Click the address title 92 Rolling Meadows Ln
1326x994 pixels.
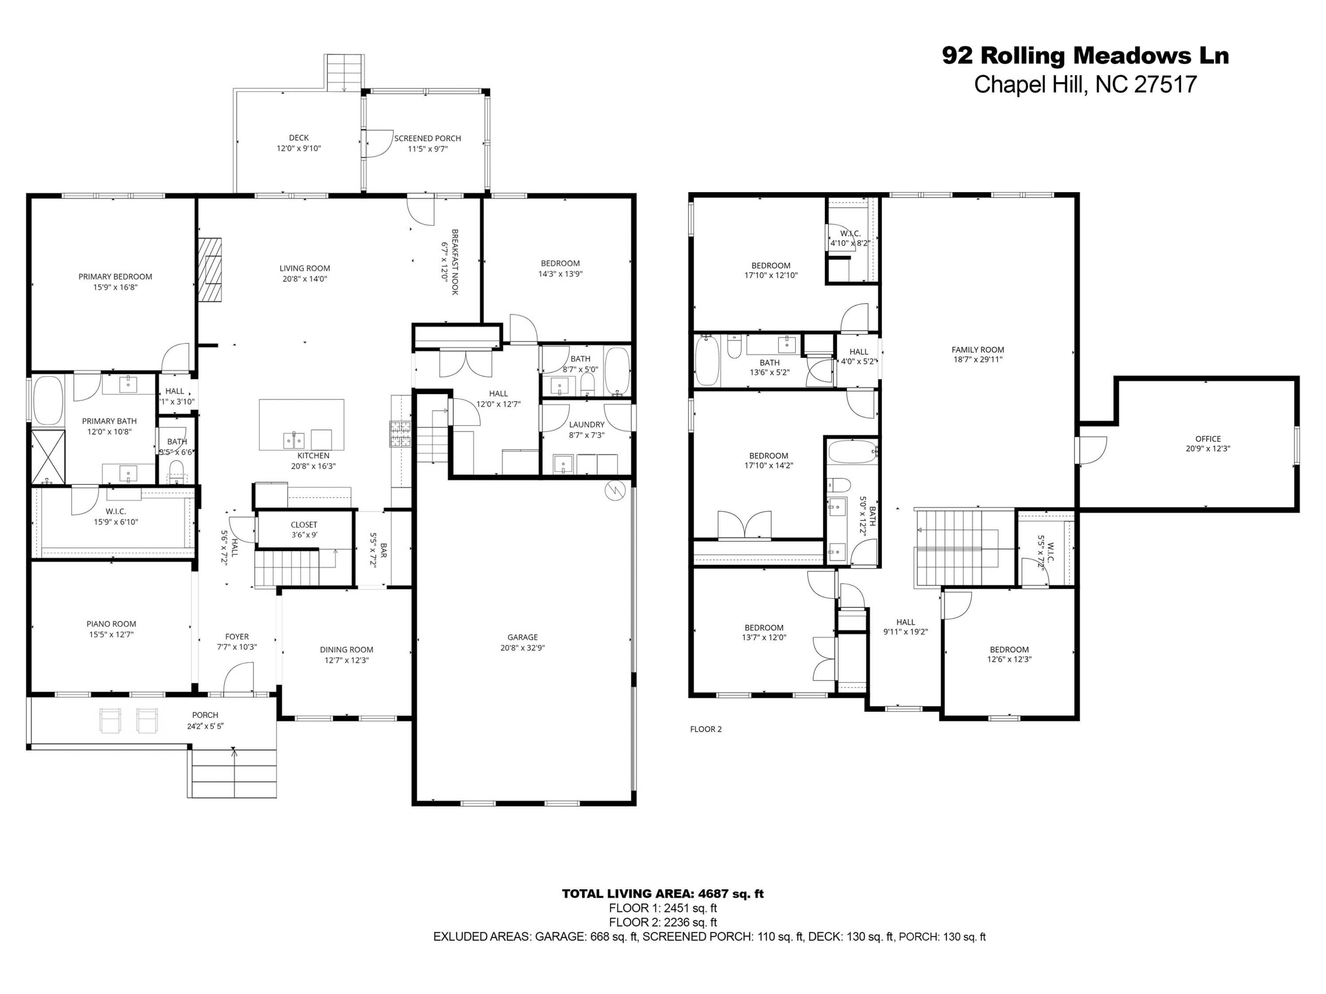tap(1085, 56)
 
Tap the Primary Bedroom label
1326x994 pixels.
tap(115, 277)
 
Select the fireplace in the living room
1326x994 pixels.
tap(210, 270)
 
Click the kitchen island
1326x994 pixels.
tap(301, 425)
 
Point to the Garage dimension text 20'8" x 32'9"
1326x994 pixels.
tap(523, 648)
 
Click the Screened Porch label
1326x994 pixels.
tap(427, 138)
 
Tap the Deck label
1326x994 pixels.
tap(298, 138)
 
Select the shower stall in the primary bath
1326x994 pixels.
tap(49, 458)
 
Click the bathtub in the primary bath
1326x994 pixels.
tap(47, 400)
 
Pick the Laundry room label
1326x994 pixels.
tap(587, 425)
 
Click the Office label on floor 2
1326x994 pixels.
tap(1208, 439)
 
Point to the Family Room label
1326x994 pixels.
tap(978, 350)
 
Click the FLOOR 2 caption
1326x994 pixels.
tap(705, 729)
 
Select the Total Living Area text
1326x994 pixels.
tap(662, 894)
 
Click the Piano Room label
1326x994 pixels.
tap(111, 624)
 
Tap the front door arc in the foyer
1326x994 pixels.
tap(237, 681)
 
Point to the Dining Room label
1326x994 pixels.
tap(346, 650)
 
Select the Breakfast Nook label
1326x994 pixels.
tap(455, 261)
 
